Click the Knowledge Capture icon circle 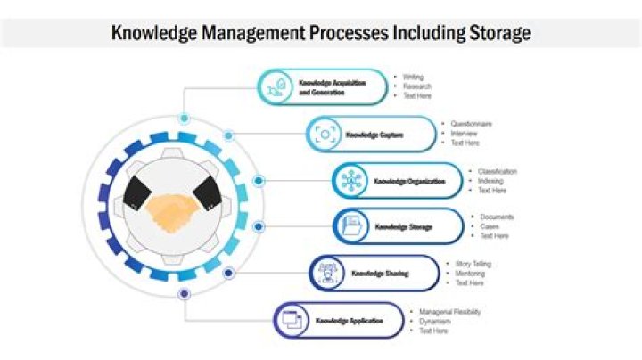click(323, 135)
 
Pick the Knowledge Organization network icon click(349, 181)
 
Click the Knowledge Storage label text click(403, 226)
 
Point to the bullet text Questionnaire click(471, 124)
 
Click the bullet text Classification click(497, 171)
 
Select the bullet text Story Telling click(473, 264)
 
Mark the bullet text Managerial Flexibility click(449, 312)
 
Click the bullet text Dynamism click(435, 321)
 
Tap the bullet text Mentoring click(470, 274)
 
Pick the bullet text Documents click(497, 217)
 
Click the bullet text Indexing click(490, 181)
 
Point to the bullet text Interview click(465, 134)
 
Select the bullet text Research click(417, 86)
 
